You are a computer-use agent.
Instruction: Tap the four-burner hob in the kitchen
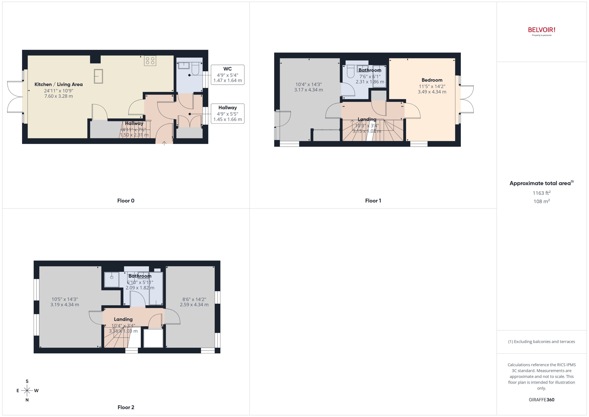click(x=150, y=61)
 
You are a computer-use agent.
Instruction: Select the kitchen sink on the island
click(x=98, y=76)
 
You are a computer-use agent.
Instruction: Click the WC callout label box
click(x=227, y=75)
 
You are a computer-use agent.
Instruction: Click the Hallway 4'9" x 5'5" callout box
click(x=227, y=113)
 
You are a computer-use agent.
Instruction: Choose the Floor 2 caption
click(x=126, y=407)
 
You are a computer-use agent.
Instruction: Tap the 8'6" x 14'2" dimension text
click(x=194, y=299)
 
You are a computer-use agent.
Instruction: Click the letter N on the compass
click(x=27, y=400)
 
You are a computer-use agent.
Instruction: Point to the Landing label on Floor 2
click(x=123, y=319)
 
